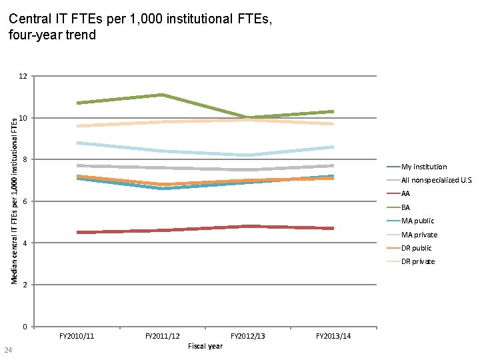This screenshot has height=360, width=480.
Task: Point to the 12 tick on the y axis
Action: coord(23,77)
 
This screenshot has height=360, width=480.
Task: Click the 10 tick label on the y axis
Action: coord(23,118)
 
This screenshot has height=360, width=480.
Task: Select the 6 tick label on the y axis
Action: coord(25,201)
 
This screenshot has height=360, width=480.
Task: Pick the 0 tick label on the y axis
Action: coord(25,327)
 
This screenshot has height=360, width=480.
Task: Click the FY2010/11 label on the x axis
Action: coord(77,336)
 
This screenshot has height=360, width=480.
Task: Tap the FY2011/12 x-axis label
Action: coord(163,336)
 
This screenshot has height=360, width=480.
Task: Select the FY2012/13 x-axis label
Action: coord(248,336)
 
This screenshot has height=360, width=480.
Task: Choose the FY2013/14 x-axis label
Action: coord(333,336)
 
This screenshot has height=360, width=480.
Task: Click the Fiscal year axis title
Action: coord(205,346)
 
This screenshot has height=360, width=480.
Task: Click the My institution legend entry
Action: coord(424,167)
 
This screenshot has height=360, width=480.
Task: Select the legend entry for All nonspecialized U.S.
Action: coord(436,180)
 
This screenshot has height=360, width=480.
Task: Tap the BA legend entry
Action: coord(405,207)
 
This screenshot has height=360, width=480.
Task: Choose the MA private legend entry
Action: coord(419,235)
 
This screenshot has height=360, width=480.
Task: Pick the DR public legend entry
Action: coord(417,248)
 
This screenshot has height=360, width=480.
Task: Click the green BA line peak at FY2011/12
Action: coord(163,95)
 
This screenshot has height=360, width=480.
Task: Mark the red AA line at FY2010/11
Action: coord(78,232)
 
